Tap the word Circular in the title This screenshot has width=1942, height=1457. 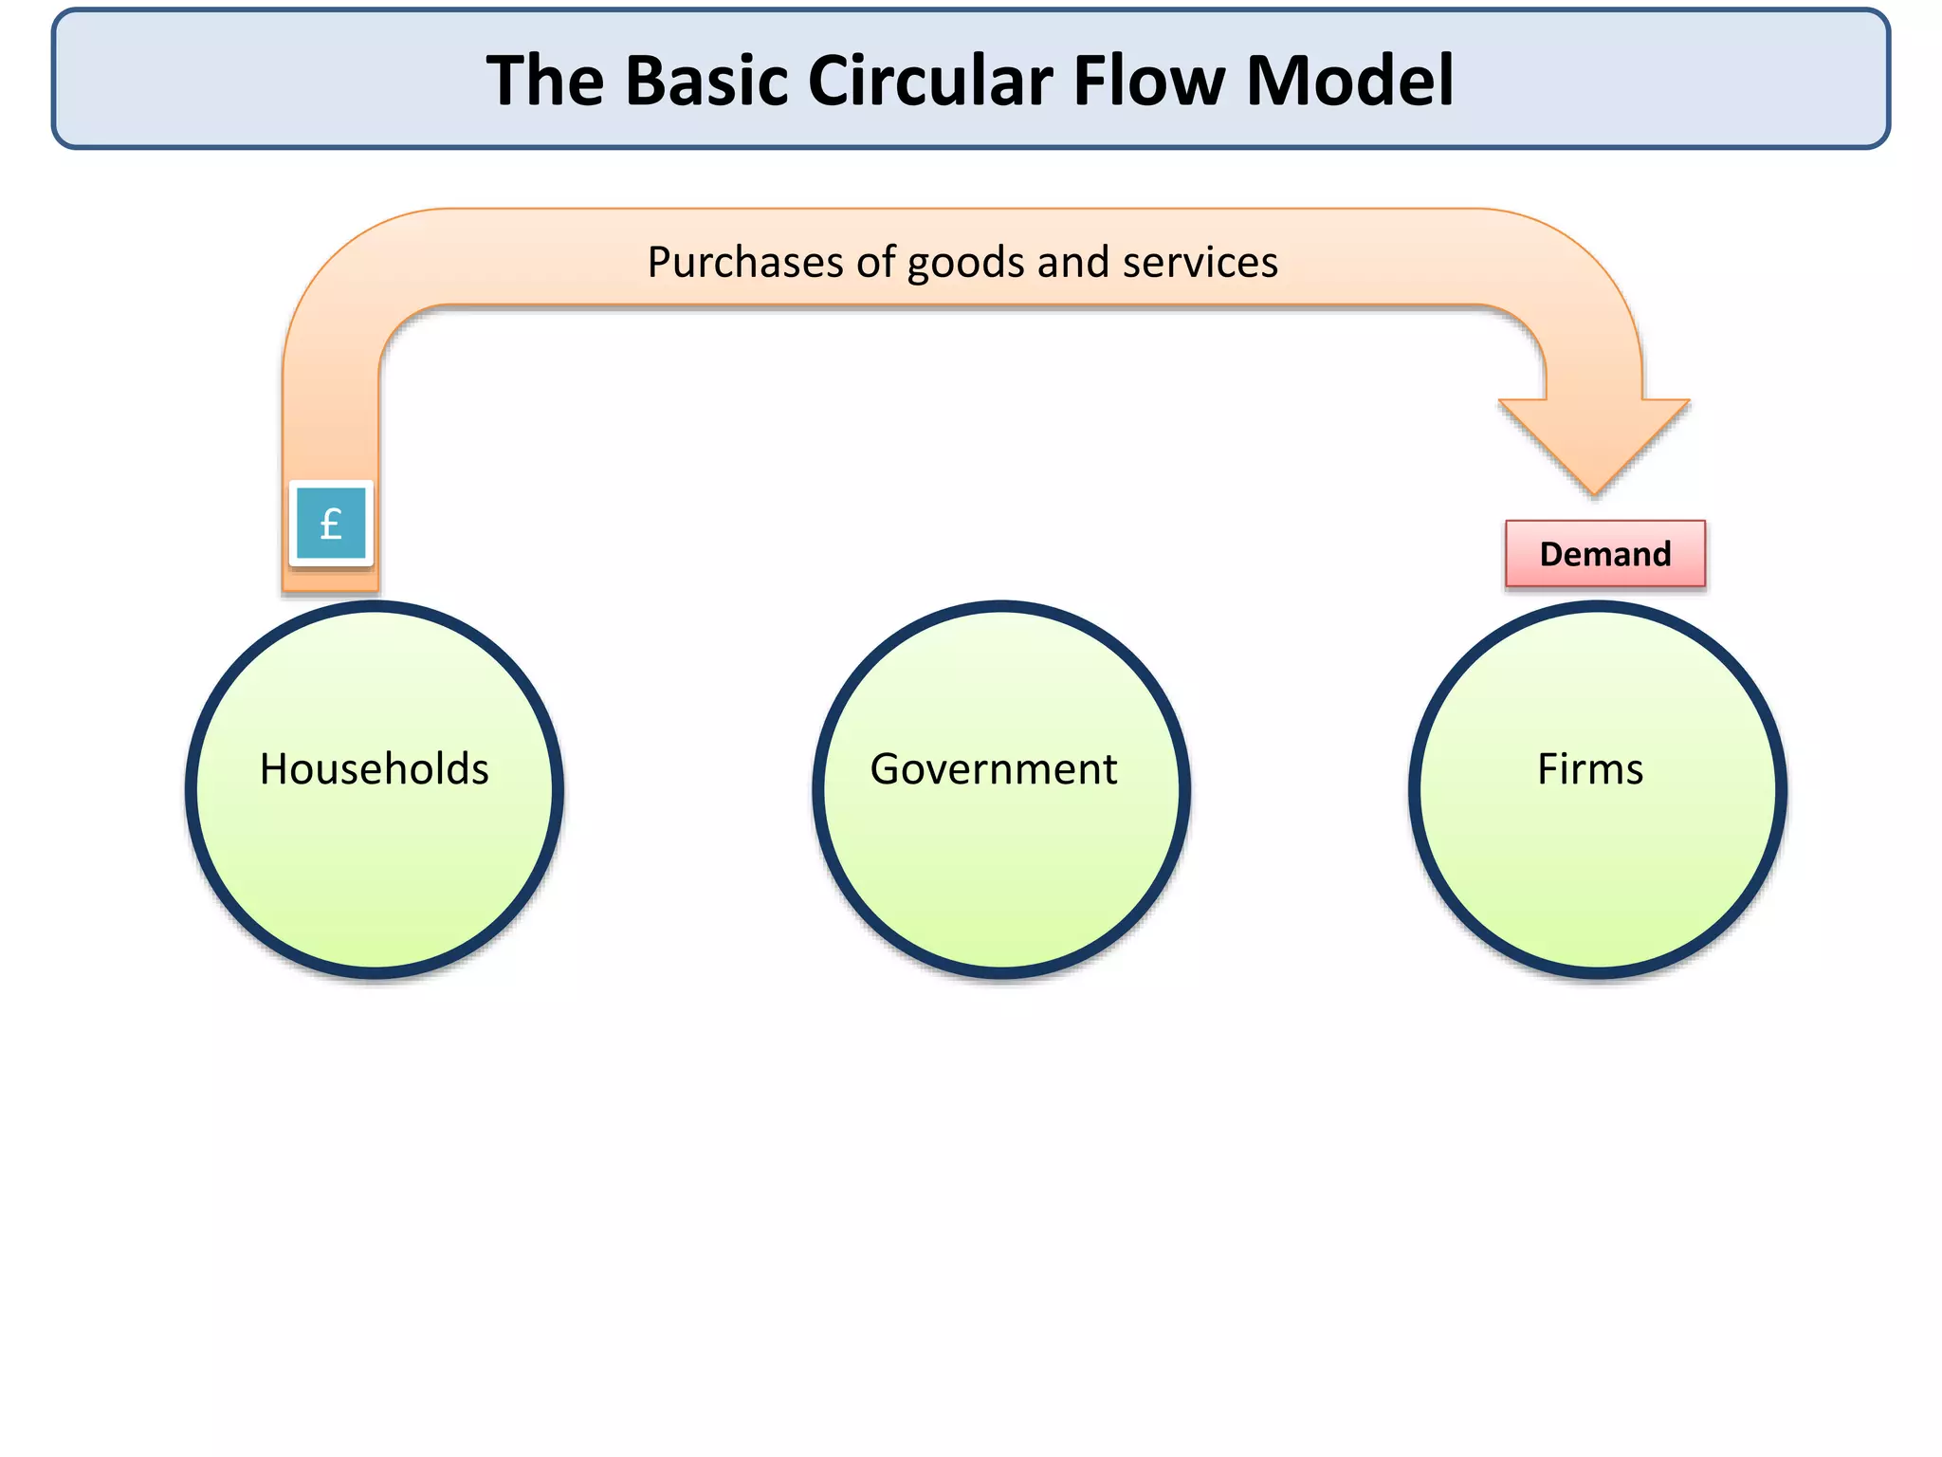(x=929, y=81)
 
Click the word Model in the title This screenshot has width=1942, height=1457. (x=1349, y=81)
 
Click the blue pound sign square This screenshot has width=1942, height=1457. (x=331, y=524)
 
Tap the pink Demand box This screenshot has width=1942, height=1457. (x=1604, y=554)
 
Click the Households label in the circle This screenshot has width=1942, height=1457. (x=375, y=768)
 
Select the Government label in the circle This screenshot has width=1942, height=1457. (x=993, y=768)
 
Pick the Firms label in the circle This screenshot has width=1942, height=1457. (x=1590, y=768)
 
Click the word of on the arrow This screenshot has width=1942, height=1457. (x=876, y=262)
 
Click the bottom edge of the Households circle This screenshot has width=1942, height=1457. (x=375, y=972)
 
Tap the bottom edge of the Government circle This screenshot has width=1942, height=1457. (x=1001, y=972)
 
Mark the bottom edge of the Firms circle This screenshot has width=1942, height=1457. (x=1598, y=972)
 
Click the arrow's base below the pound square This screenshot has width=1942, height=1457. (x=331, y=581)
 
